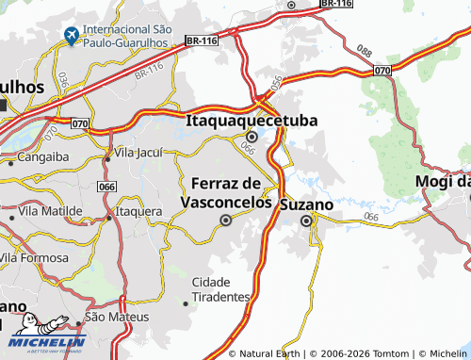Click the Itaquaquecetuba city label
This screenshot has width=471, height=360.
pyautogui.click(x=252, y=121)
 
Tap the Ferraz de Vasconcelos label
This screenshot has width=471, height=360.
pyautogui.click(x=226, y=192)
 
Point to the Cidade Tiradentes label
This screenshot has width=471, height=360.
pyautogui.click(x=221, y=289)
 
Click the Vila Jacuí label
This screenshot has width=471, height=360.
pyautogui.click(x=138, y=152)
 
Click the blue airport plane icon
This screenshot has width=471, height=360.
pyautogui.click(x=70, y=37)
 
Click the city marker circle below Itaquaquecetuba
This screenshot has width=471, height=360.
pyautogui.click(x=252, y=137)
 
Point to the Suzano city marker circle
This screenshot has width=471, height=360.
pyautogui.click(x=306, y=221)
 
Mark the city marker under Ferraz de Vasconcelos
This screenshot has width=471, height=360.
pyautogui.click(x=225, y=221)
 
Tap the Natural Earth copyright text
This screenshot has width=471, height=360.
pyautogui.click(x=272, y=353)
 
